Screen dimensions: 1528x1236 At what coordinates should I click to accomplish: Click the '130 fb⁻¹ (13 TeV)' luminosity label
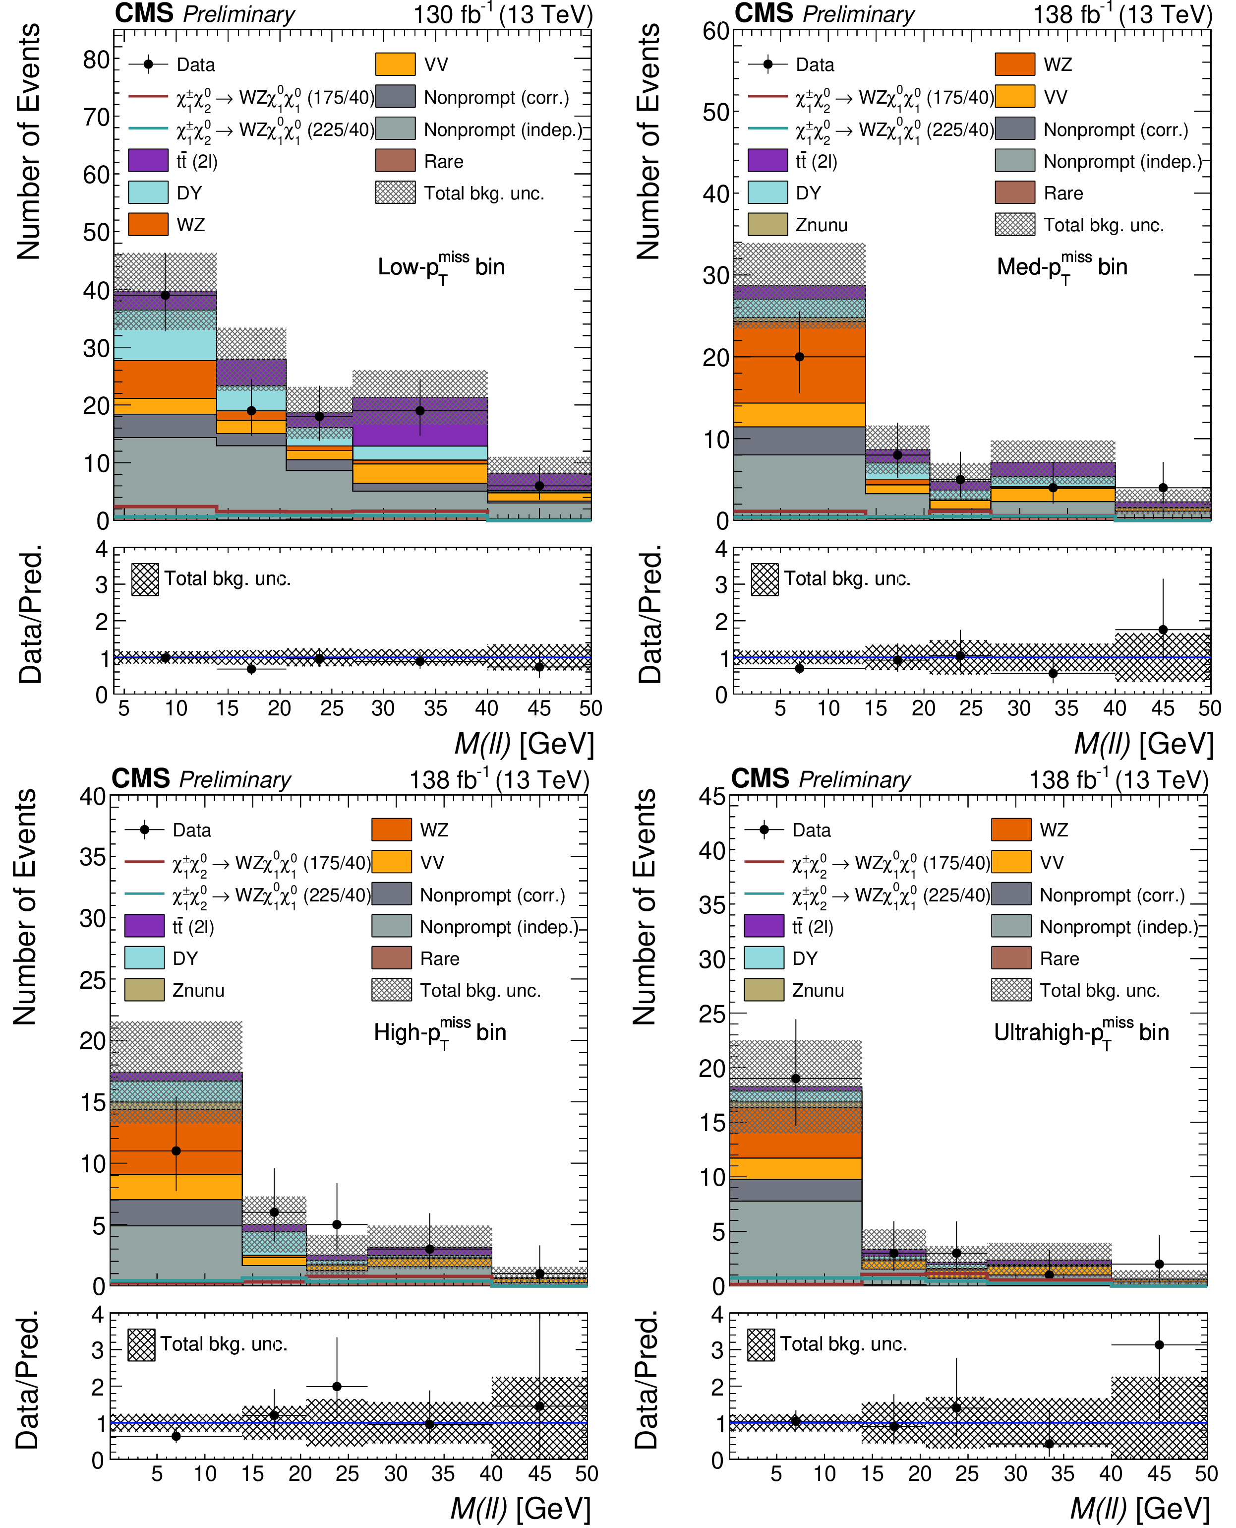click(503, 15)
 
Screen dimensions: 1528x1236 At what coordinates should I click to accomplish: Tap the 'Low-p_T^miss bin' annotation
click(441, 267)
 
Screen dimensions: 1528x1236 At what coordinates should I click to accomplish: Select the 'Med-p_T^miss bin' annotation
click(1061, 267)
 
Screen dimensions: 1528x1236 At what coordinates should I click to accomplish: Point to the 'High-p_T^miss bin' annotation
click(440, 1032)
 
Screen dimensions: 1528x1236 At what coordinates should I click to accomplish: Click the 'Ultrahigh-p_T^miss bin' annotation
click(1081, 1032)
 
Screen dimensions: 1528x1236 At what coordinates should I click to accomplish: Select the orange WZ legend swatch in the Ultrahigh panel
click(1011, 830)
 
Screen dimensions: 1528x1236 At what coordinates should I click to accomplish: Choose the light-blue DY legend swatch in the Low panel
click(148, 192)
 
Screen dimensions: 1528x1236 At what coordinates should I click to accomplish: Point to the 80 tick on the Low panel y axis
click(96, 60)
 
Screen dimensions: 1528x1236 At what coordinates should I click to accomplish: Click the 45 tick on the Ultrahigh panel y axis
click(712, 796)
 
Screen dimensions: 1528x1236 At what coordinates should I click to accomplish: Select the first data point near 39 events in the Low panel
click(165, 295)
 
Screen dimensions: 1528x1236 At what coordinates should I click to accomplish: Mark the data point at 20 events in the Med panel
click(800, 357)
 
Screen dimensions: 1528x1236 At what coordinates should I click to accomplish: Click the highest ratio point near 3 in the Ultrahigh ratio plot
click(1159, 1345)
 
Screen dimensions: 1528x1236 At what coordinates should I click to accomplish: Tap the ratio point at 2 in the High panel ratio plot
click(337, 1386)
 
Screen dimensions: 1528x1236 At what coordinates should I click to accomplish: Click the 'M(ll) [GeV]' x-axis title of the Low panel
click(524, 744)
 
